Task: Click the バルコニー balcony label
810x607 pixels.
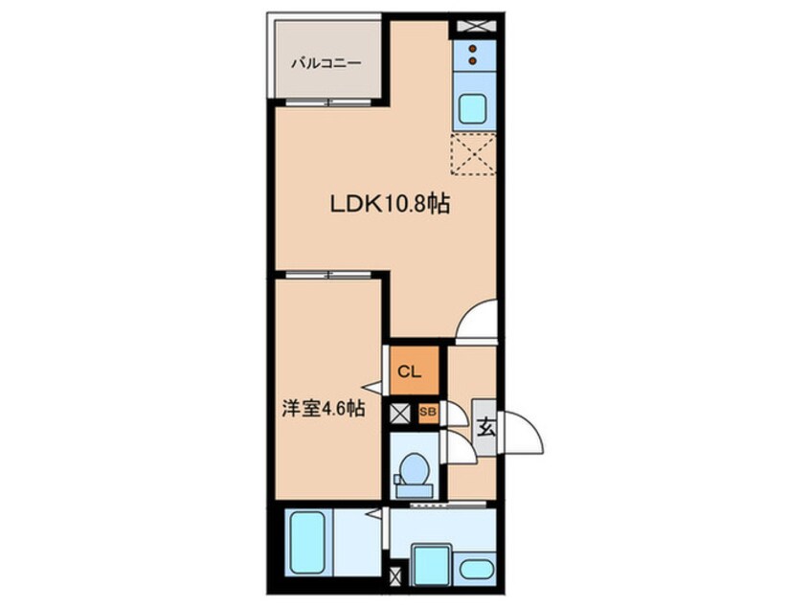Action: pyautogui.click(x=326, y=64)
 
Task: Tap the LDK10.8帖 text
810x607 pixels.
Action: pyautogui.click(x=390, y=204)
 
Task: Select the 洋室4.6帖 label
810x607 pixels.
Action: pyautogui.click(x=324, y=409)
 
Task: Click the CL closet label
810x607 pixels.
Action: pyautogui.click(x=410, y=371)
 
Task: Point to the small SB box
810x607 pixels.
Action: pyautogui.click(x=428, y=412)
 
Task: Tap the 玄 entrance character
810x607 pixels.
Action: pyautogui.click(x=485, y=428)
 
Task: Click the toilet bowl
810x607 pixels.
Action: pyautogui.click(x=415, y=470)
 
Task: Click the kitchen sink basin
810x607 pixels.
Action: pyautogui.click(x=472, y=108)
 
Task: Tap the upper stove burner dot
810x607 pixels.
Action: pyautogui.click(x=472, y=49)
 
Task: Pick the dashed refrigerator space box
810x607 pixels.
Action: pyautogui.click(x=473, y=154)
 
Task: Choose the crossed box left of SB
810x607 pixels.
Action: pyautogui.click(x=400, y=414)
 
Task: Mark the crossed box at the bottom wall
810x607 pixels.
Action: pyautogui.click(x=395, y=576)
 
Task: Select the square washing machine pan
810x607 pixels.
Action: pyautogui.click(x=433, y=565)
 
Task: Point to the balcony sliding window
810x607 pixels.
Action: pyautogui.click(x=328, y=102)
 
